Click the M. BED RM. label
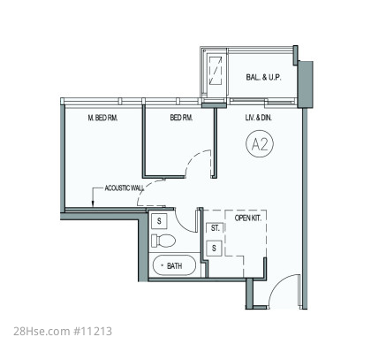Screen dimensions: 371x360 (x=102, y=118)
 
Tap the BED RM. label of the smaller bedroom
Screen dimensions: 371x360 (x=181, y=118)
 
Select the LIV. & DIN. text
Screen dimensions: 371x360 (x=259, y=118)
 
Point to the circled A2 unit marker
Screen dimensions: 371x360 (x=260, y=144)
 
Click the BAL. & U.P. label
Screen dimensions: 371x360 (x=263, y=78)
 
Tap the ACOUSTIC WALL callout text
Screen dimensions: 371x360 (x=125, y=188)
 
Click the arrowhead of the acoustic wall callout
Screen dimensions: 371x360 (x=93, y=203)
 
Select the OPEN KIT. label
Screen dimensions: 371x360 (x=247, y=218)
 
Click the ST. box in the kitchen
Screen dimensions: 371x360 (x=215, y=228)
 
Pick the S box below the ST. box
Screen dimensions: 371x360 (x=214, y=249)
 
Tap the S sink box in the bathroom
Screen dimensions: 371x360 (x=159, y=221)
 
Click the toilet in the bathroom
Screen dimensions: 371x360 (x=163, y=241)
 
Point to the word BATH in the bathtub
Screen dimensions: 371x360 (x=174, y=266)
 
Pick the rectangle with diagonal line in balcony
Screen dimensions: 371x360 (x=216, y=71)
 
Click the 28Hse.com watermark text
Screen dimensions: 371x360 (x=42, y=331)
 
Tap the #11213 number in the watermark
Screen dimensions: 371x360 (x=93, y=331)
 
